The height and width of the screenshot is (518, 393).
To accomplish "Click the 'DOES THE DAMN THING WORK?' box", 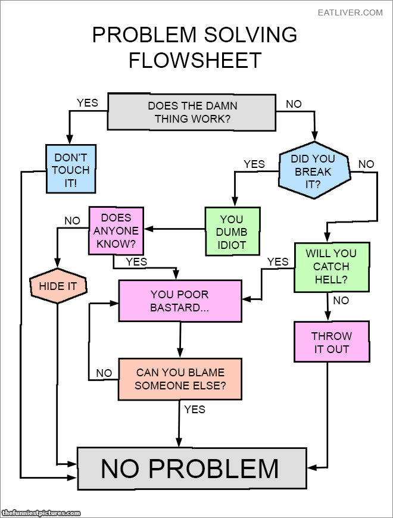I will point(192,112).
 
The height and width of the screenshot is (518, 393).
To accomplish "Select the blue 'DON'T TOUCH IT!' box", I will point(70,170).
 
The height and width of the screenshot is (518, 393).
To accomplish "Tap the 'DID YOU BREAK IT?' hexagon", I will point(313,171).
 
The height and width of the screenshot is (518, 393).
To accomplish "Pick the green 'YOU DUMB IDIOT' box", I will point(232,232).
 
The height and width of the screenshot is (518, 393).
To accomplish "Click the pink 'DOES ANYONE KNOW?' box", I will point(116,230).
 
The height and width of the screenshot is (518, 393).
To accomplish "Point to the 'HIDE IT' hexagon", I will point(58,286).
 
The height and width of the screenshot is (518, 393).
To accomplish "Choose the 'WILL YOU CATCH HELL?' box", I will point(331,267).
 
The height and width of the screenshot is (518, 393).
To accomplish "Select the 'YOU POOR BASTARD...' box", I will point(180,301).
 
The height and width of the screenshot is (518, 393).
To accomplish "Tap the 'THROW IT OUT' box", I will point(332,342).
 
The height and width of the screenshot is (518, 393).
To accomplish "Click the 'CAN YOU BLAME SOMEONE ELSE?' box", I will point(180,379).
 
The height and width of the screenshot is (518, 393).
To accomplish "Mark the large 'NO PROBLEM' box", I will point(191,468).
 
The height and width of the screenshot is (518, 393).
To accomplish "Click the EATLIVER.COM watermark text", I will point(350,13).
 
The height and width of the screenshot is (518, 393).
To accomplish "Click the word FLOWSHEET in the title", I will point(195,60).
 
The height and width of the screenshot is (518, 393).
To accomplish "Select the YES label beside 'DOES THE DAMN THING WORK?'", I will point(87,103).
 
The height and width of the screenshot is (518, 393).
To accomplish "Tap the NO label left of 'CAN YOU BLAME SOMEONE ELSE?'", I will point(104,373).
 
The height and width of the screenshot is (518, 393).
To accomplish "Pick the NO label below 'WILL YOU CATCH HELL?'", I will point(341,301).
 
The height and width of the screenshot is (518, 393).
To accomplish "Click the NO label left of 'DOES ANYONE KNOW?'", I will point(72,221).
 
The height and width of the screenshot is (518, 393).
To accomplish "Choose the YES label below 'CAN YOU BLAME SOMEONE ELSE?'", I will point(194,409).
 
